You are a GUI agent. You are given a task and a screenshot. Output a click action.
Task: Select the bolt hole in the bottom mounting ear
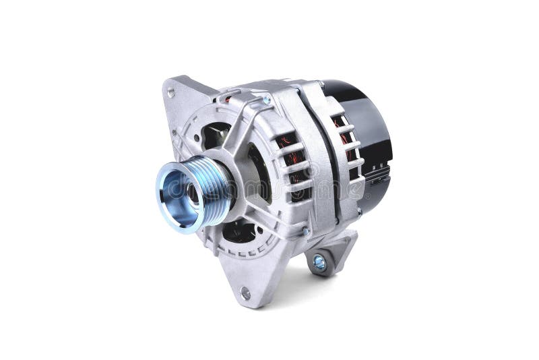pyautogui.click(x=245, y=293)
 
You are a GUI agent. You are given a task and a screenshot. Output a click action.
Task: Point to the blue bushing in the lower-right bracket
pyautogui.click(x=319, y=263)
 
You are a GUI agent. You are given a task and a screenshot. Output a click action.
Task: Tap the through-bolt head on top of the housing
pyautogui.click(x=267, y=100)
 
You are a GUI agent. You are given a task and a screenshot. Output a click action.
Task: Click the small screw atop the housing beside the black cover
pyautogui.click(x=321, y=84)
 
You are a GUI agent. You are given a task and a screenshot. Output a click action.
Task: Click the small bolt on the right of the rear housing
pyautogui.click(x=359, y=211)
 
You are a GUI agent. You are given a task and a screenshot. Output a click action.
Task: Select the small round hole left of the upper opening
pyautogui.click(x=197, y=138)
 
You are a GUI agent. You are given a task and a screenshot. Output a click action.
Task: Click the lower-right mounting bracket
pyautogui.click(x=330, y=253)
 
